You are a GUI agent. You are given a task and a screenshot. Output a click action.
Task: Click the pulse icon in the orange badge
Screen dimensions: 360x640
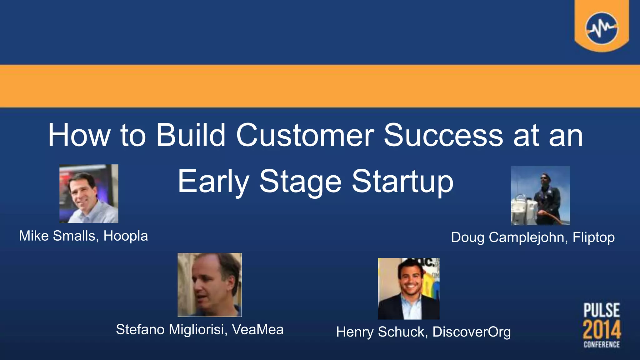(x=602, y=28)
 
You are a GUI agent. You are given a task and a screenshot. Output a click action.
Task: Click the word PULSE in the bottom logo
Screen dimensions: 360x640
(x=602, y=311)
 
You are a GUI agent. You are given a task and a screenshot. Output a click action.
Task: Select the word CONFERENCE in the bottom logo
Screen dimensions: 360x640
(x=602, y=344)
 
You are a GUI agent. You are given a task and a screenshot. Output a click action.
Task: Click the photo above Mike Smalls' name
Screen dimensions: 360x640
(x=89, y=194)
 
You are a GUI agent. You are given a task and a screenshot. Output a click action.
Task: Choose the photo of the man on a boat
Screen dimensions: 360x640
(x=540, y=195)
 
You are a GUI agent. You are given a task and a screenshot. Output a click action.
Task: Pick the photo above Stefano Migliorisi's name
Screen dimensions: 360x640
(x=209, y=285)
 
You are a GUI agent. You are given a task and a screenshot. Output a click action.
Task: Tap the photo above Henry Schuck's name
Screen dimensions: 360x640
(x=408, y=288)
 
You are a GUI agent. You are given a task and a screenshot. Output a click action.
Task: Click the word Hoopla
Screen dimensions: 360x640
(x=126, y=236)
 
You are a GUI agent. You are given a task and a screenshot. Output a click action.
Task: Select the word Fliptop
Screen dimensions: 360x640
(x=593, y=237)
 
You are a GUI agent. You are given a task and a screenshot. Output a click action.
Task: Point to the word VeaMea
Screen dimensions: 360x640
(x=258, y=329)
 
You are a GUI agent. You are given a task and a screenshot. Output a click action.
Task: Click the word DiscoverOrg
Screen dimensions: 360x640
(x=472, y=332)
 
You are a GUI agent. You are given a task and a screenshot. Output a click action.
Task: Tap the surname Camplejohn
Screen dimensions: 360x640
(x=528, y=237)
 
